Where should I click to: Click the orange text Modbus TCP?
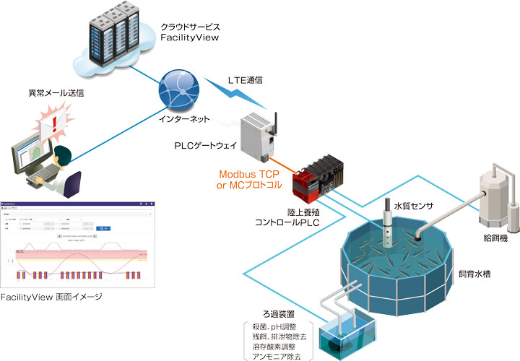(x=248, y=175)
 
